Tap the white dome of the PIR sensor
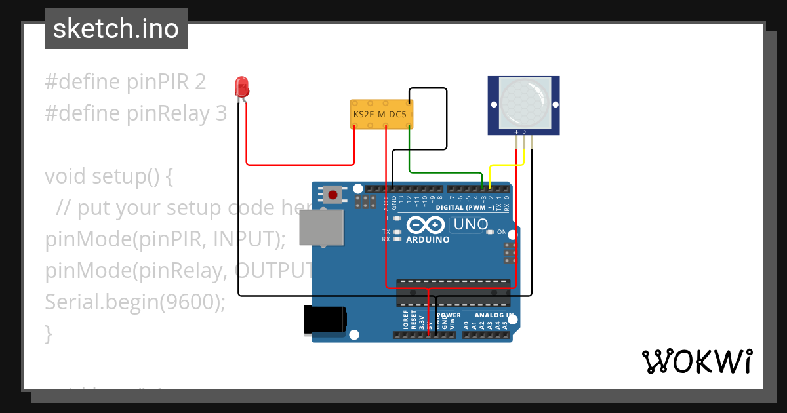tap(523, 102)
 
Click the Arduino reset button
tap(334, 195)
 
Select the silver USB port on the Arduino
tap(321, 229)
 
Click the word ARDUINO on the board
tap(428, 240)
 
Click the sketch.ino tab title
tap(116, 29)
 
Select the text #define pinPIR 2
tap(125, 82)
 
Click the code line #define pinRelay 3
tap(136, 113)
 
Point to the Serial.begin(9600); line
tap(135, 302)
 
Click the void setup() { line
tap(108, 176)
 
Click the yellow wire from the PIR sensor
tap(505, 166)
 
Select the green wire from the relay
tap(446, 172)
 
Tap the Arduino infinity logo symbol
tap(425, 226)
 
